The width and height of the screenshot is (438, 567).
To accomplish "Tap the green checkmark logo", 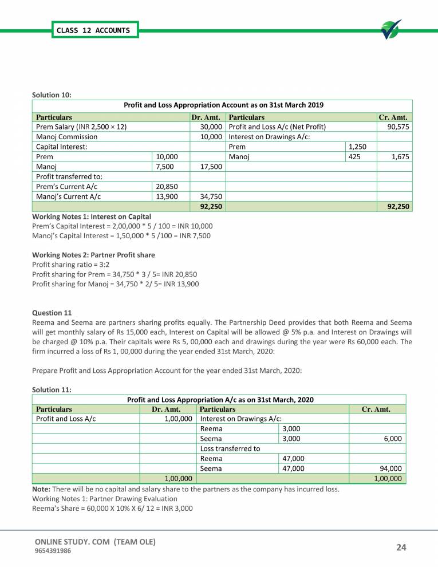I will (x=391, y=30).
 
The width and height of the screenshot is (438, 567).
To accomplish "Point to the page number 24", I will (x=401, y=548).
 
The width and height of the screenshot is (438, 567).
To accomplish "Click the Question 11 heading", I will (x=52, y=313).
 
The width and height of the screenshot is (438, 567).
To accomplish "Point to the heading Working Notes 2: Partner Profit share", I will (x=93, y=254).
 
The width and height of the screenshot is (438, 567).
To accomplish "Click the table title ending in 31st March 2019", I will (x=223, y=105).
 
